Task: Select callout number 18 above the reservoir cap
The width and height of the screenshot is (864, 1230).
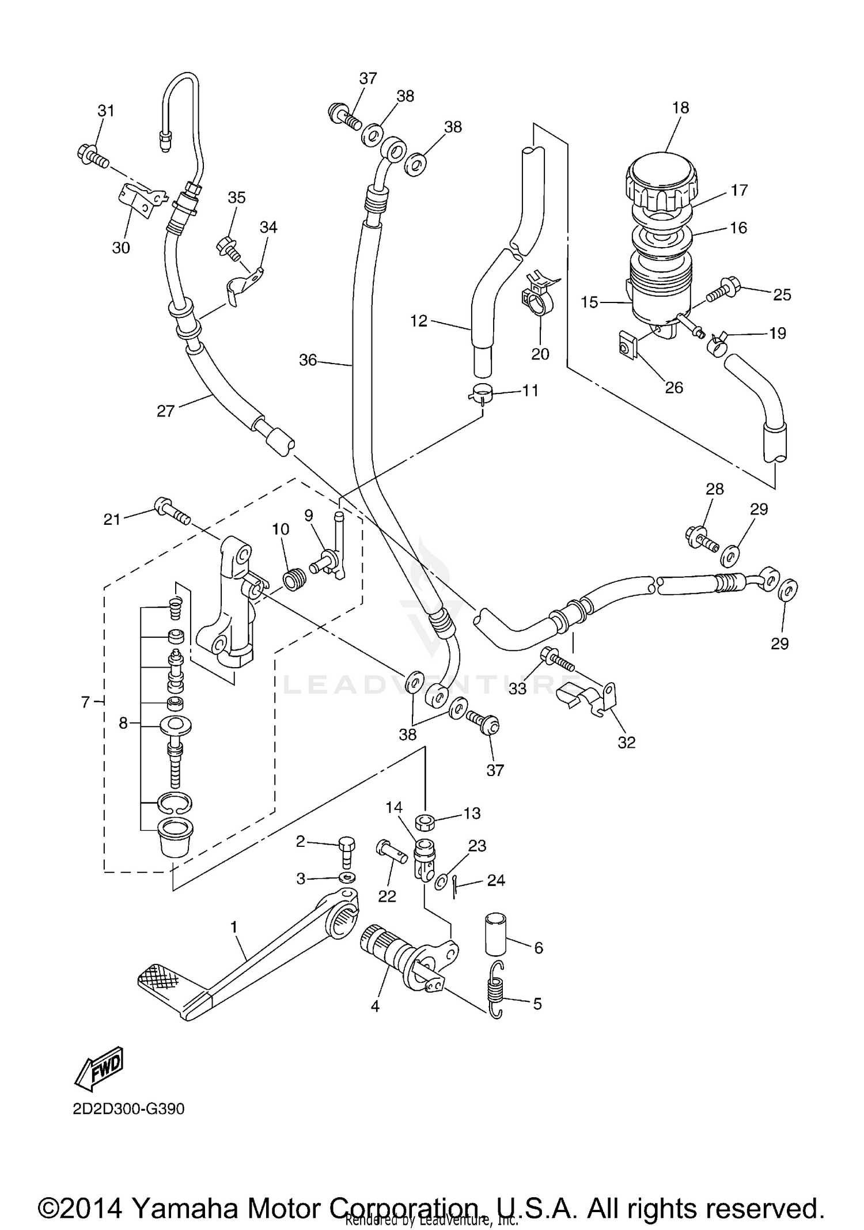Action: tap(680, 108)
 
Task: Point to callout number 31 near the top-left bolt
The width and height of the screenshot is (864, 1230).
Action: tap(105, 111)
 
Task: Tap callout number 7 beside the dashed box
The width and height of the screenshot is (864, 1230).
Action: tap(85, 702)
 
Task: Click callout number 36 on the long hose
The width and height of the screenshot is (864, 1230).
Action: tap(308, 360)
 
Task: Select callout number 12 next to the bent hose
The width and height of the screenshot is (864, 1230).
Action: tap(419, 321)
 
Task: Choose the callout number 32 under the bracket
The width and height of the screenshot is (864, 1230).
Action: tap(626, 743)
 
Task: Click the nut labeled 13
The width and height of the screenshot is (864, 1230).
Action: tap(425, 822)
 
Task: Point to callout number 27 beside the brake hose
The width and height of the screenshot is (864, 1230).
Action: tap(165, 411)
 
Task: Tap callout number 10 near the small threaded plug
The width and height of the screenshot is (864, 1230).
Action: tap(281, 529)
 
